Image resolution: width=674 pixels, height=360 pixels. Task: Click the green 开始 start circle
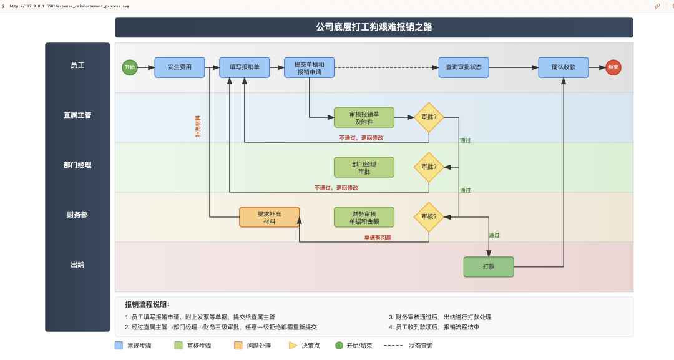pos(130,67)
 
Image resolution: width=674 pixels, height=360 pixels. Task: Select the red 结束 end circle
pos(613,67)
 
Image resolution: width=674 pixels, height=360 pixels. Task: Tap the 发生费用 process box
pos(179,67)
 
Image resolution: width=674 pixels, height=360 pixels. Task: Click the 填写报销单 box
pos(244,67)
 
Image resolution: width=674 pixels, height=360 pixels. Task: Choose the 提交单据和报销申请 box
pos(309,67)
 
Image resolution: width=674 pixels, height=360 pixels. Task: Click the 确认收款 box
pos(564,67)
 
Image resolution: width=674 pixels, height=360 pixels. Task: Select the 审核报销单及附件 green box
pos(364,117)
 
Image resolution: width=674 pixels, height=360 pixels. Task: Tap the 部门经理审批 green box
pos(364,167)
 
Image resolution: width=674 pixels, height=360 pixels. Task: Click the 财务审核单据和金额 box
pos(364,216)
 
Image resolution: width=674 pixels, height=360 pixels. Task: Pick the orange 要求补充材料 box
pos(269,216)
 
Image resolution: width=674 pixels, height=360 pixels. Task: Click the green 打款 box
pos(489,266)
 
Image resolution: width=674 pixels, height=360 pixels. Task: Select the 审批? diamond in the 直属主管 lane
pos(429,117)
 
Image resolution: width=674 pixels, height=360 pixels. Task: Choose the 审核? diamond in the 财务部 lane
pos(429,216)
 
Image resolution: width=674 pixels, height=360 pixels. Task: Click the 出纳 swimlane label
pos(77,265)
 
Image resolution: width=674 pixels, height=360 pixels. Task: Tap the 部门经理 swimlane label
pos(77,165)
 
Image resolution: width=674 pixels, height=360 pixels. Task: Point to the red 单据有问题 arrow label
pos(378,237)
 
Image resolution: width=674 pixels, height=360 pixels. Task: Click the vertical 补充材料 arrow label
pos(198,126)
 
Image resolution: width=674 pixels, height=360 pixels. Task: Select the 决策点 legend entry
pos(305,345)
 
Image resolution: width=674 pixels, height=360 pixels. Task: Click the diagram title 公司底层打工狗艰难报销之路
pos(374,27)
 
